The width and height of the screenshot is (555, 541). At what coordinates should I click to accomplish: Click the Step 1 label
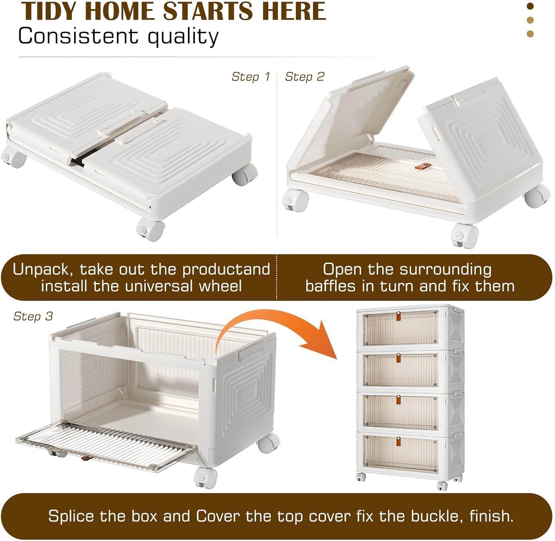point(250,77)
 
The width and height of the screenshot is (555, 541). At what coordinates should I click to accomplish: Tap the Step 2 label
point(304,77)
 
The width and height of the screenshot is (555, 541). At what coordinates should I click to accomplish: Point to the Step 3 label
point(33,316)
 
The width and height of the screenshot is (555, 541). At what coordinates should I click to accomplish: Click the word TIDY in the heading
point(50,11)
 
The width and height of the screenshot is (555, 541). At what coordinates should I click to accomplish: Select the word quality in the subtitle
point(183,37)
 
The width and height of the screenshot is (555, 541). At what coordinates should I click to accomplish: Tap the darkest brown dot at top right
point(530,6)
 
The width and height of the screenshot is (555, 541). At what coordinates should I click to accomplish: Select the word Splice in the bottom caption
point(71,516)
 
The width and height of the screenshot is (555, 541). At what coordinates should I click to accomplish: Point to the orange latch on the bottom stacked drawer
point(398,441)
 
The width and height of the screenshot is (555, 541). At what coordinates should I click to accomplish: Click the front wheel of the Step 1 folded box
point(151,230)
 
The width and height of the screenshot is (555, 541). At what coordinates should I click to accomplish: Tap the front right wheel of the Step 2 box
point(464,236)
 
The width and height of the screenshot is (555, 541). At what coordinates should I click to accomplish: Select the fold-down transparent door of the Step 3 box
point(107,446)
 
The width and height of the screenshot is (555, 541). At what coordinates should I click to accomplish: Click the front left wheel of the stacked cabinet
point(361,477)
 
